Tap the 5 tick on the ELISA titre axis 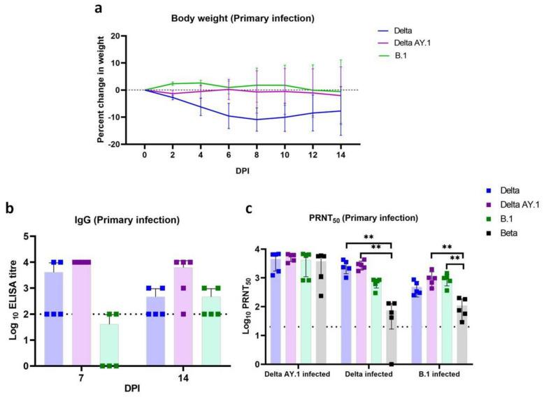24,237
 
